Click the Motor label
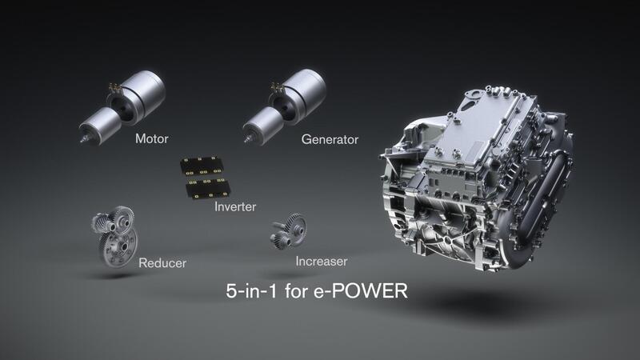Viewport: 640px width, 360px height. [152, 138]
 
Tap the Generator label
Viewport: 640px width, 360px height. [330, 139]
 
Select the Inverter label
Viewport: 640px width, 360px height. [235, 207]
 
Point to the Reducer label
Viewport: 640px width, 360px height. [162, 262]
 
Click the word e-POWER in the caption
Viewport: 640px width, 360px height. [364, 290]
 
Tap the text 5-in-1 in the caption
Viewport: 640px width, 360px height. [250, 290]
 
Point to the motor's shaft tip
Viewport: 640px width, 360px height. [83, 138]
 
